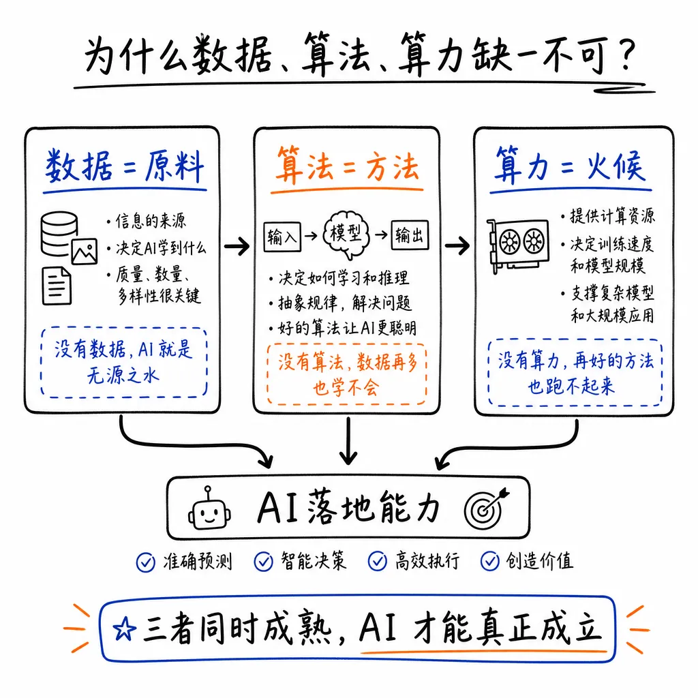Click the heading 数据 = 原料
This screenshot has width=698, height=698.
pos(125,167)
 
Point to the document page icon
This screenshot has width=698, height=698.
pos(57,286)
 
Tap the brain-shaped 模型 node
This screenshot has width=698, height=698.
pos(346,235)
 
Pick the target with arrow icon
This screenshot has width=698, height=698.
pos(485,508)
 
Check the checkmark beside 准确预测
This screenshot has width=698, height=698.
pos(145,561)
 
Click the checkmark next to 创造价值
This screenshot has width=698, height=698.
pos(489,561)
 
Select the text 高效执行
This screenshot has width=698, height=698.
pos(427,561)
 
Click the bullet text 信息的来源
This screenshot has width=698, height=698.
pos(147,222)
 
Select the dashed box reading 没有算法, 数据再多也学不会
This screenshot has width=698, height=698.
pos(346,374)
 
